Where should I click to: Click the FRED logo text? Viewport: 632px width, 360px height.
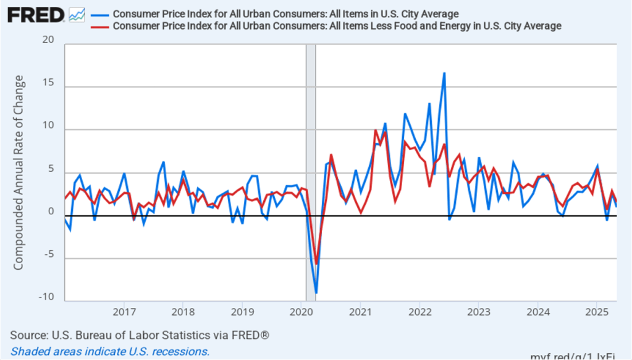[x=35, y=14]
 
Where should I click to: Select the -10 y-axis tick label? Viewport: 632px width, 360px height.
[x=46, y=297]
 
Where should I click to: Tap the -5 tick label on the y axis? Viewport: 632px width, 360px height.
[x=48, y=254]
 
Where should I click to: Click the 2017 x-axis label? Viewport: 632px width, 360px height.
[x=124, y=311]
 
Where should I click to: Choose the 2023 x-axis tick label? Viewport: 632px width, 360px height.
[x=479, y=311]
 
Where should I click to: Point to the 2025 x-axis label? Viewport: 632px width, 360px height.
[x=597, y=311]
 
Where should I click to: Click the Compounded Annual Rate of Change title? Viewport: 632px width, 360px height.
[x=19, y=172]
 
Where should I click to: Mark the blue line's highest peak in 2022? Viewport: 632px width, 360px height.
[x=444, y=73]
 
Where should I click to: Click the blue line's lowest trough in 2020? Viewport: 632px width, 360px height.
[x=316, y=293]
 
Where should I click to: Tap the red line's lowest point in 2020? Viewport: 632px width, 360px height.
[x=317, y=264]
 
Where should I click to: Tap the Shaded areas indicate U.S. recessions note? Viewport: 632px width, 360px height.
[x=110, y=351]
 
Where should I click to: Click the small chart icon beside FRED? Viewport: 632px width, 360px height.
[x=77, y=14]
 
